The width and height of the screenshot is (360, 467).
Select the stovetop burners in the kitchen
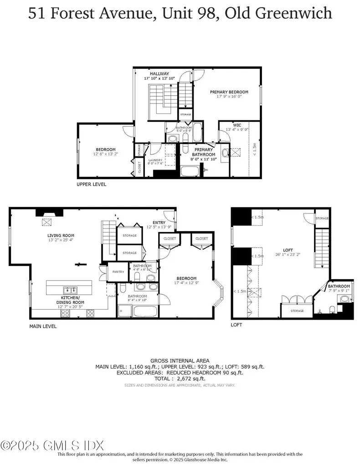(90, 313)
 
